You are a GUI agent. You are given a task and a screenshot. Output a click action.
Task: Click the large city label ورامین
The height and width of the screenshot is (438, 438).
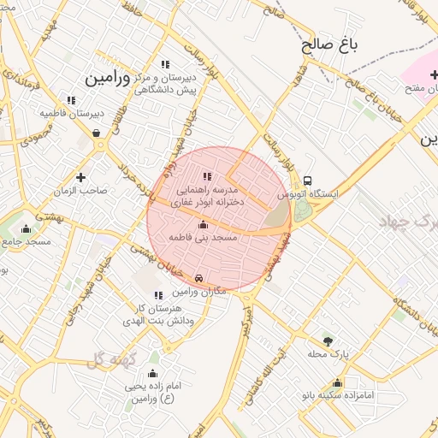click(x=107, y=78)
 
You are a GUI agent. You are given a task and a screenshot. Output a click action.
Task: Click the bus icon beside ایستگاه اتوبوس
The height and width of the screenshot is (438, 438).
click(x=306, y=181)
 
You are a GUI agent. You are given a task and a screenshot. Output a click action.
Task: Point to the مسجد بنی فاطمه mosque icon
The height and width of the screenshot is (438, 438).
click(x=203, y=225)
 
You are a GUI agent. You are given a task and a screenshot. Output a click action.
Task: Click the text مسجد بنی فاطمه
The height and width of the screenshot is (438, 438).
click(x=202, y=237)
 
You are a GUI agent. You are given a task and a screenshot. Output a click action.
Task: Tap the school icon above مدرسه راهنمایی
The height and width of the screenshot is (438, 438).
click(x=206, y=176)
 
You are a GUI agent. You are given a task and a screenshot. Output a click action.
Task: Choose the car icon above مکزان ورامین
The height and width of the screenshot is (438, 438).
click(x=199, y=279)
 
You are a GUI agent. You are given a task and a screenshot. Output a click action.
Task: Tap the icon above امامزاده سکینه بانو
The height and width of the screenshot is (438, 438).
click(x=337, y=382)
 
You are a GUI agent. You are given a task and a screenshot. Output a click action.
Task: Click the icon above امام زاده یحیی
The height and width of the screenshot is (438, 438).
click(x=152, y=373)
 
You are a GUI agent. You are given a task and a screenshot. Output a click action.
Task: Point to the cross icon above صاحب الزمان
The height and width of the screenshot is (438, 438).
click(x=80, y=177)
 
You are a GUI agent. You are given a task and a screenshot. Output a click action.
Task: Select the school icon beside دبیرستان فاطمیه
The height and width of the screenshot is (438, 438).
click(x=71, y=100)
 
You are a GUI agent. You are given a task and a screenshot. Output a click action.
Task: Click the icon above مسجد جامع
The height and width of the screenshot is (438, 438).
click(x=26, y=228)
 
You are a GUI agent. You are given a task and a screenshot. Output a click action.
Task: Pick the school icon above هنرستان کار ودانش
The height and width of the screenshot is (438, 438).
click(x=159, y=294)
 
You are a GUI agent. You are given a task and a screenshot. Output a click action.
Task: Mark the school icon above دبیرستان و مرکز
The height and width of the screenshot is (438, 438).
click(x=165, y=64)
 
